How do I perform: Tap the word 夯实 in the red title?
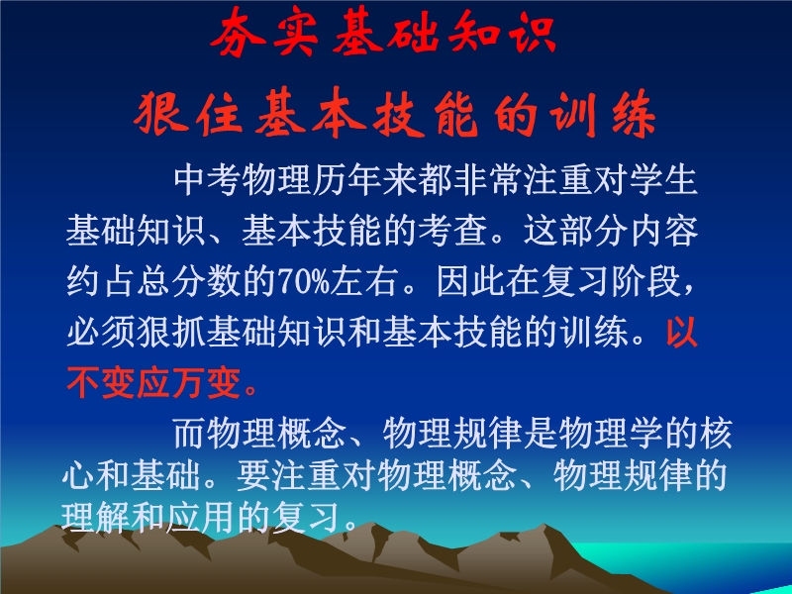point(264,34)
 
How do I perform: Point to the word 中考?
point(208,180)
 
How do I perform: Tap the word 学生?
point(663,180)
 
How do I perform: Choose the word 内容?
point(663,231)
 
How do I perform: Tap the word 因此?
point(471,281)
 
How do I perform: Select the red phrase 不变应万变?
point(153,382)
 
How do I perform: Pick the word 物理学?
point(611,433)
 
